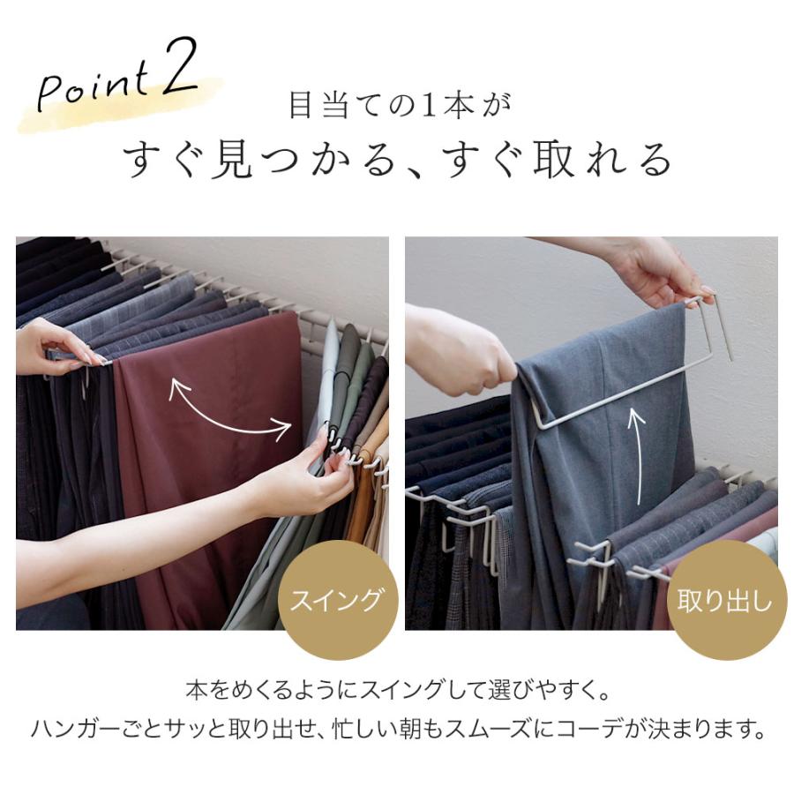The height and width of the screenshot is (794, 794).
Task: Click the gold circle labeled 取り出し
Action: tap(724, 600)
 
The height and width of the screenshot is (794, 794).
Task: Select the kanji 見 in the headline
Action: tap(230, 160)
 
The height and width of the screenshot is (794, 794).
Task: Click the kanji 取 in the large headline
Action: tap(553, 160)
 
